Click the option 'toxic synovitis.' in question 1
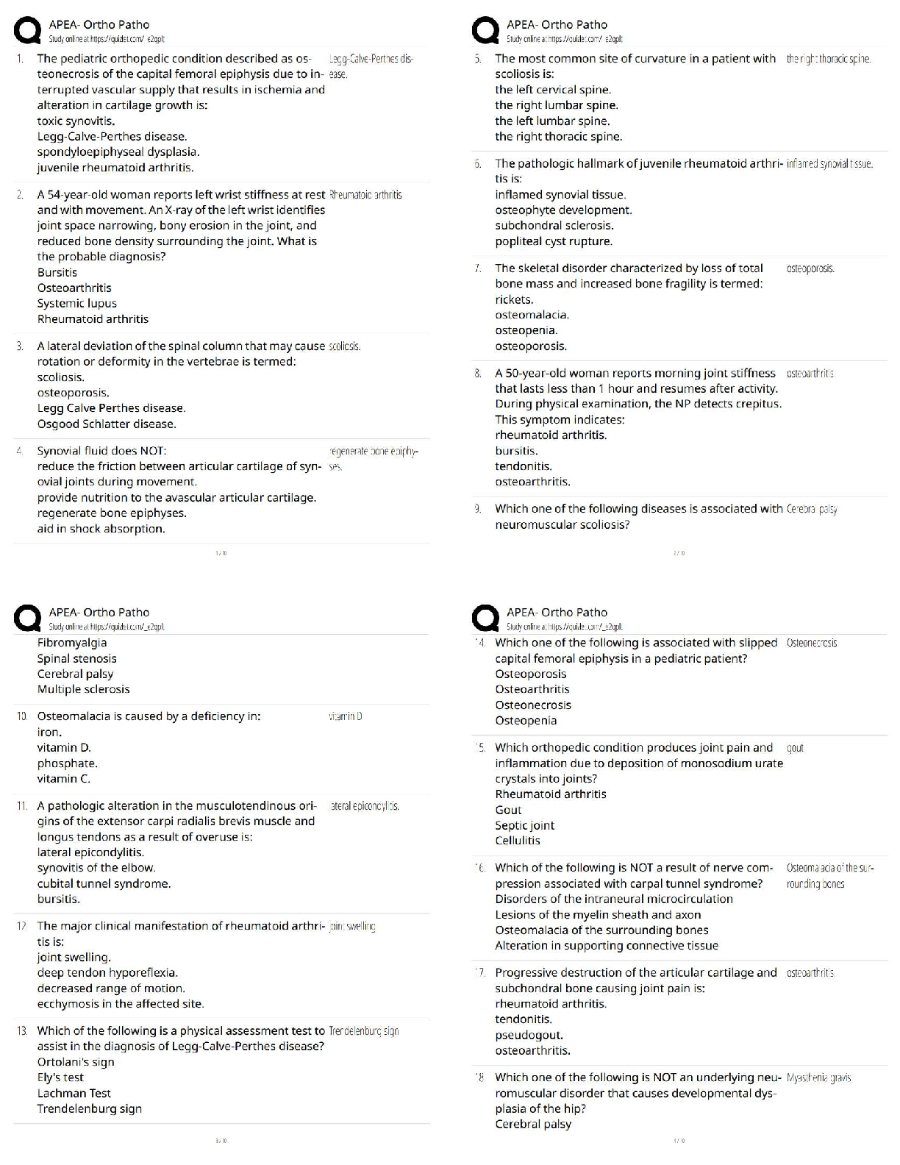pos(76,121)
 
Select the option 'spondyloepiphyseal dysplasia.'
pos(118,152)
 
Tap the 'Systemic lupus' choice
pos(77,304)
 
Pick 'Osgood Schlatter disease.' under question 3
pos(107,424)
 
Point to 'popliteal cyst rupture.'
pos(554,241)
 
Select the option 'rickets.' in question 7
pos(514,299)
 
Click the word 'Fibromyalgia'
pos(72,643)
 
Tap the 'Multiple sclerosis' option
pos(83,689)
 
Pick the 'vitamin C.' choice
pos(64,779)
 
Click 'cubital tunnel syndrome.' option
pos(104,884)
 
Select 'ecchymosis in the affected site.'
pos(121,1004)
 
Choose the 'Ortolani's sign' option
pos(76,1062)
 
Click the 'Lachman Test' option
pos(74,1094)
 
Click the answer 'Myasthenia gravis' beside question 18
pos(818,1078)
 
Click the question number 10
pos(22,716)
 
